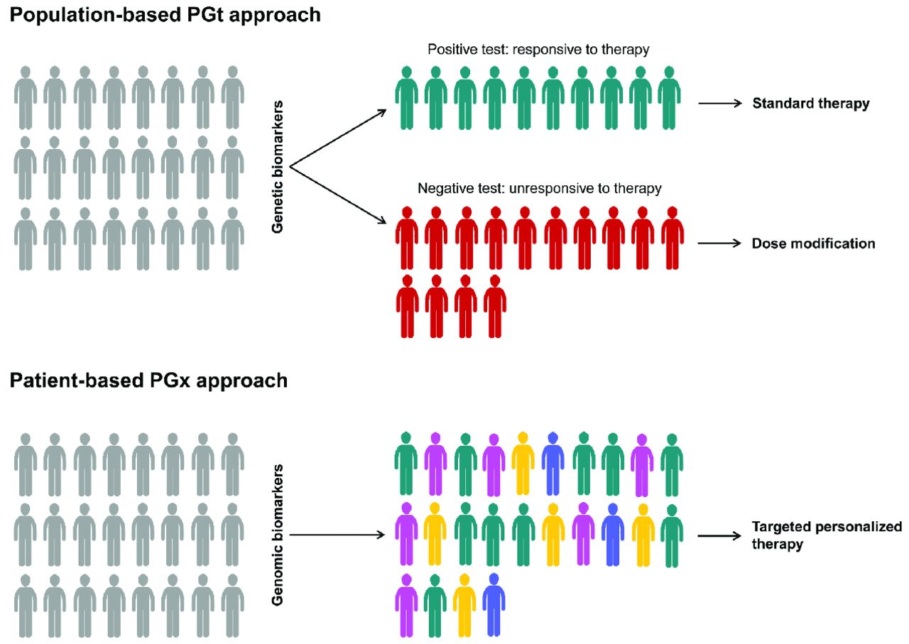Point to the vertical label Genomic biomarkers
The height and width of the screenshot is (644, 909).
coord(278,534)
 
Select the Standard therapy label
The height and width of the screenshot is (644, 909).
coord(811,104)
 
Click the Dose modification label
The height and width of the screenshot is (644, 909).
coord(813,244)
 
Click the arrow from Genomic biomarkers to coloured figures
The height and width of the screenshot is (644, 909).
coord(337,535)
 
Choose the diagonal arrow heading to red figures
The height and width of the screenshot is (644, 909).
coord(338,193)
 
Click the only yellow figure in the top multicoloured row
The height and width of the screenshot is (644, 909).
coord(523,463)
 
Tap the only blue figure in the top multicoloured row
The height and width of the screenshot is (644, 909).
coord(553,463)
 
